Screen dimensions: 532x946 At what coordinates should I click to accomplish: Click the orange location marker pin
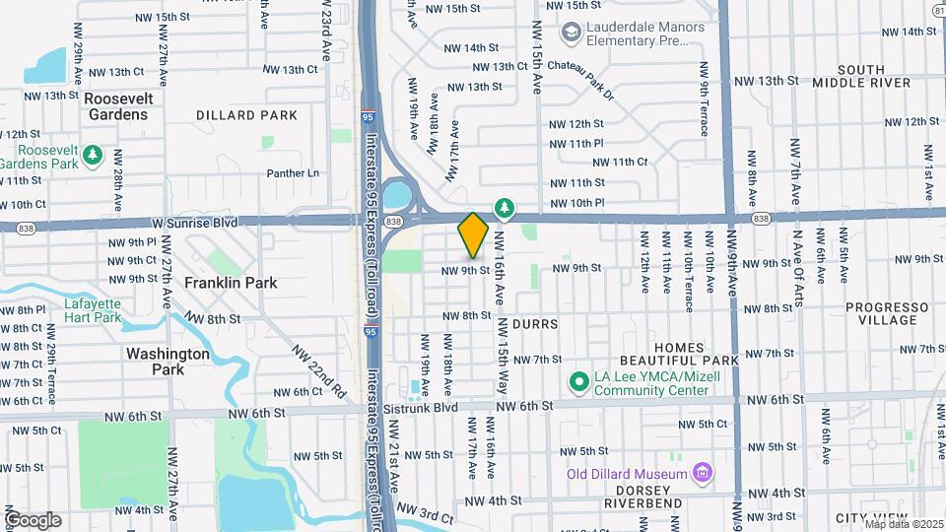point(473,234)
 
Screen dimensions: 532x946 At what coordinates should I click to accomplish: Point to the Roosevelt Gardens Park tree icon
point(93,155)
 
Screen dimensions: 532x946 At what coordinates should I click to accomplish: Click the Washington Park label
point(168,362)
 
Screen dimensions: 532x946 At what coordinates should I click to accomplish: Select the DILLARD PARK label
point(246,115)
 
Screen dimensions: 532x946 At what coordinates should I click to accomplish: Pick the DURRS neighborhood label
point(535,323)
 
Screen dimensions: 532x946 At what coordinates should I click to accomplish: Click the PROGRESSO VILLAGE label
point(887,313)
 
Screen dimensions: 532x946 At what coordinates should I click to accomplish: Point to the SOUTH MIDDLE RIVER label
point(862,76)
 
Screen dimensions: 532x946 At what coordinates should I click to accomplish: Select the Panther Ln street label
point(294,173)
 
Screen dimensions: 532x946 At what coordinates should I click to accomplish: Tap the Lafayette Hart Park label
point(93,310)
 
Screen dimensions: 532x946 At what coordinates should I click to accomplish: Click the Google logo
point(33,520)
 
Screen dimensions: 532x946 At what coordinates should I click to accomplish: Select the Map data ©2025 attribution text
point(904,523)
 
